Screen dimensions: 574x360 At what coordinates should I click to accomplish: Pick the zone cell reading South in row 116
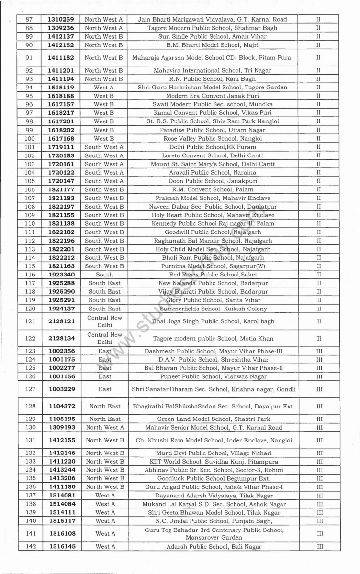104,275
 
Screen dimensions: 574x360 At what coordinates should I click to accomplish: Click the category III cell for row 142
319,546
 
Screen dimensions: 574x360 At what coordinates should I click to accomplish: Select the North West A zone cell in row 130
104,428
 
